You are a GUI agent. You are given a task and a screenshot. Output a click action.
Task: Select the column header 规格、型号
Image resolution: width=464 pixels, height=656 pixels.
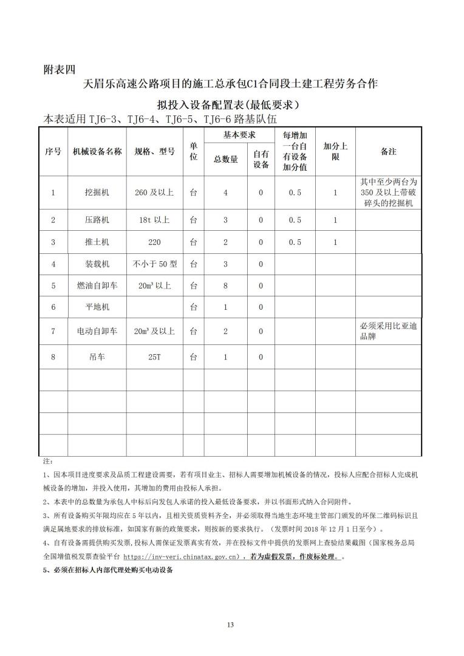154,152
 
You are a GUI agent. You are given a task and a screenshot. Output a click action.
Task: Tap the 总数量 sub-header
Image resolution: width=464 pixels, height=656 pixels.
225,160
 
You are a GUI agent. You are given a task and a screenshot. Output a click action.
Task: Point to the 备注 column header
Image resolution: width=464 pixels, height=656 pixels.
389,152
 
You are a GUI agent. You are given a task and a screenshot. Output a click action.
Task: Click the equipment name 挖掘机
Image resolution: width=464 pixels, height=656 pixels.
97,193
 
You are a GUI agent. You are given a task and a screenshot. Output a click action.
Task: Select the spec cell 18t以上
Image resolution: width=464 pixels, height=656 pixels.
154,220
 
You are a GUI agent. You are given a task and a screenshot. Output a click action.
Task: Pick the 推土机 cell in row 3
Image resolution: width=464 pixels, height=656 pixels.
97,242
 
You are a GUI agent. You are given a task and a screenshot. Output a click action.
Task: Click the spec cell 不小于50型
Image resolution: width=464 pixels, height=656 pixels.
154,264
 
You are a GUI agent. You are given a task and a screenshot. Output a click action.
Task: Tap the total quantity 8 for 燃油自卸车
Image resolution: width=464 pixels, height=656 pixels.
225,285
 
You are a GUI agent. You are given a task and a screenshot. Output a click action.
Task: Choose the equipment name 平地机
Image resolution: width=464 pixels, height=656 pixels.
97,307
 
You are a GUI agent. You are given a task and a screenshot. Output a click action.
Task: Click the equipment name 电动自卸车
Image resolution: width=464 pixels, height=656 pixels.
97,332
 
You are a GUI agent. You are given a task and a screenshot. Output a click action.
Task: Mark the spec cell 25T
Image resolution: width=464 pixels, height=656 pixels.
154,358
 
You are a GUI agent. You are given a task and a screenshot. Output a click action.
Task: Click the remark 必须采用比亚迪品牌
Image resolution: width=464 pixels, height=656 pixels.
389,331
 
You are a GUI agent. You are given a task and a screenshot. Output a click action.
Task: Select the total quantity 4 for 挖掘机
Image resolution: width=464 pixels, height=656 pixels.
225,193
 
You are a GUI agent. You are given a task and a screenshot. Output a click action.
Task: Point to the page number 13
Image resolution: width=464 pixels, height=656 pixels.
230,625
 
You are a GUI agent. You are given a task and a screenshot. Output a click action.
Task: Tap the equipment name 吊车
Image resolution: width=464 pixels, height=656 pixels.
97,358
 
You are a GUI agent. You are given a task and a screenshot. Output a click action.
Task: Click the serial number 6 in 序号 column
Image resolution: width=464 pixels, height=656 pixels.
53,307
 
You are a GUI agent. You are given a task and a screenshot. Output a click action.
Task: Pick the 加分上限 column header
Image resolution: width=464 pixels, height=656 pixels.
335,152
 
